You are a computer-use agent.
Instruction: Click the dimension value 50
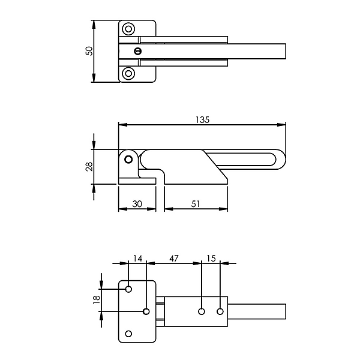coord(89,51)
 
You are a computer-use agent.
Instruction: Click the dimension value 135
coord(203,119)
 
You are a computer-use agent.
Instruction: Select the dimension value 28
coord(89,166)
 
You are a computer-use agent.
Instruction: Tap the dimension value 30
coord(137,203)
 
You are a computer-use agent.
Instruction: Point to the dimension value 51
coord(196,203)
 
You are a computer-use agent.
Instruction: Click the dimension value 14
coord(138,258)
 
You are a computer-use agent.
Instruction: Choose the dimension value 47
coord(174,258)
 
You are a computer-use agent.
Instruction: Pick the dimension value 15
coord(211,258)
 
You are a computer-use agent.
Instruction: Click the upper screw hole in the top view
coord(128,29)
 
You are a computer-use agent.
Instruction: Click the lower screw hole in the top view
coord(128,73)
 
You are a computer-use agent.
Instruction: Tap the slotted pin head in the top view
coord(138,51)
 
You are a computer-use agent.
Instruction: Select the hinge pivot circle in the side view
coord(128,160)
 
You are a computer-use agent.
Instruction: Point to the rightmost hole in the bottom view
coord(220,311)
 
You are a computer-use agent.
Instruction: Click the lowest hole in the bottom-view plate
coord(128,334)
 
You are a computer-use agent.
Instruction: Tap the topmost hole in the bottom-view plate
coord(128,289)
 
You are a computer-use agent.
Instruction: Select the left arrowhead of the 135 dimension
coord(123,125)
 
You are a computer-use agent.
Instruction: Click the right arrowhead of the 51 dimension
coord(223,209)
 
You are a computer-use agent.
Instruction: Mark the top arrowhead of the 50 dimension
coord(94,25)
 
